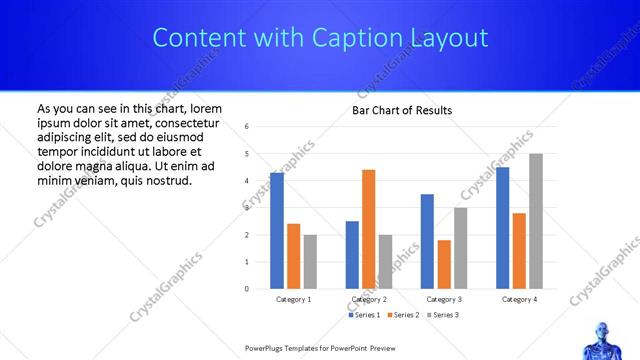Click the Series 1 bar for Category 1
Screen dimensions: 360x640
(x=277, y=231)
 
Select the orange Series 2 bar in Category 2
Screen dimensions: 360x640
(x=369, y=229)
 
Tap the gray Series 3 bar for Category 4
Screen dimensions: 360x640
(x=536, y=221)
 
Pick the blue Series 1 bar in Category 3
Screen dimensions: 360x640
(x=427, y=241)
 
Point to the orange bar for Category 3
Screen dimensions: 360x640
(x=444, y=264)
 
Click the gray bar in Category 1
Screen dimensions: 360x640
(x=311, y=262)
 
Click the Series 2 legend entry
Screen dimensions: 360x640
(x=401, y=315)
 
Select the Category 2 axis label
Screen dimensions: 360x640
(x=369, y=299)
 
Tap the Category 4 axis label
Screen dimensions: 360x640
(x=519, y=299)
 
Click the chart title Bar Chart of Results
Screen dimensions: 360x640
(x=402, y=110)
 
